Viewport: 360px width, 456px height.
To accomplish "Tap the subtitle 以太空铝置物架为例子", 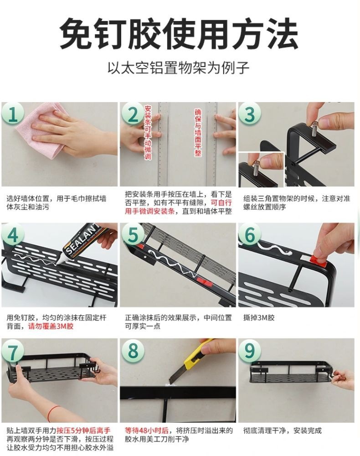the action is point(178,68).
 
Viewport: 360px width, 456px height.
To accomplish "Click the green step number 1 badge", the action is point(12,114).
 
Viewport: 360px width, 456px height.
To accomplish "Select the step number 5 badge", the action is point(133,234).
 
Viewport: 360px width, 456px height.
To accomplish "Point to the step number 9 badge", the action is point(250,350).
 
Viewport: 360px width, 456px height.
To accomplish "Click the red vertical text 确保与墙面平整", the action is point(198,132).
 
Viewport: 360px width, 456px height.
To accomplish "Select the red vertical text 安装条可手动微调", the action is point(148,132).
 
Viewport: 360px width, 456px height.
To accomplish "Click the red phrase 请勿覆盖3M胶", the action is point(51,326).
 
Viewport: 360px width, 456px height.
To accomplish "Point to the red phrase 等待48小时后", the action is point(147,430).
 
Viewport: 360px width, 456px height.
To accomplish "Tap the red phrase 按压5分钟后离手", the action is point(84,430).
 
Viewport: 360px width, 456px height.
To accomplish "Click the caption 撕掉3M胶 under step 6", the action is point(259,317).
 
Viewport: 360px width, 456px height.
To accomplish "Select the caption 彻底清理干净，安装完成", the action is point(283,430).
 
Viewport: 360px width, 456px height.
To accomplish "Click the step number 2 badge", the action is point(133,114).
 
